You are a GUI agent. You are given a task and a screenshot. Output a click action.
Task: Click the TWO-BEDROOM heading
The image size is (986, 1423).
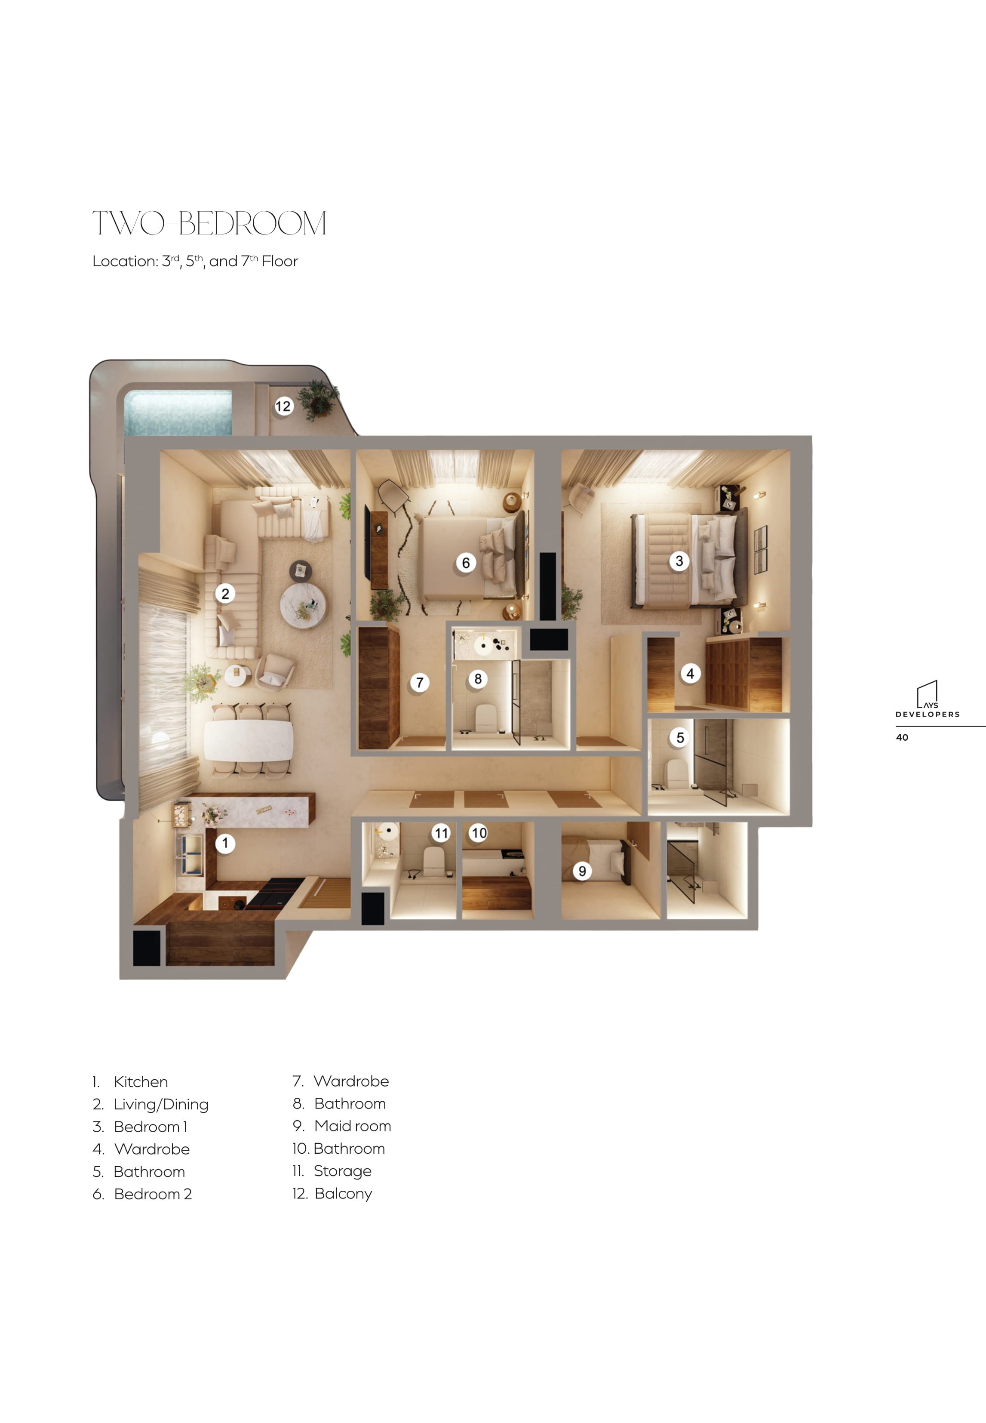pyautogui.click(x=209, y=223)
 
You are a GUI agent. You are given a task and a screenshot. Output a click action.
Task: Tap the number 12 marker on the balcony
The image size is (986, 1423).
pyautogui.click(x=283, y=406)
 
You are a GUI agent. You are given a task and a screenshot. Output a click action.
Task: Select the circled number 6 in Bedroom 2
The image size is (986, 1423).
pyautogui.click(x=466, y=563)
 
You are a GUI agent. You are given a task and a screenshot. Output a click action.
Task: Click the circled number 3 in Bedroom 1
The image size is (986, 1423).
pyautogui.click(x=679, y=561)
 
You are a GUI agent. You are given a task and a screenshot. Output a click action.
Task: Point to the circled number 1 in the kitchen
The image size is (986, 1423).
pyautogui.click(x=225, y=843)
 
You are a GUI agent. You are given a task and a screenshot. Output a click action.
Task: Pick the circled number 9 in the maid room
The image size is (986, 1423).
pyautogui.click(x=582, y=871)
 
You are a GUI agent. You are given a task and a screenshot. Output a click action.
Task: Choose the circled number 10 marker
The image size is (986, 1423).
pyautogui.click(x=479, y=833)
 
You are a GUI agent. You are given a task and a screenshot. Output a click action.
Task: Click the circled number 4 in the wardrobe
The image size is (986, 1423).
pyautogui.click(x=690, y=674)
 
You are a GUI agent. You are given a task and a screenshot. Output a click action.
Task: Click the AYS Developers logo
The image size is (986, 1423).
pyautogui.click(x=928, y=699)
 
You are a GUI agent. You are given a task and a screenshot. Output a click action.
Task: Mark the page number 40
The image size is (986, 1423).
pyautogui.click(x=902, y=737)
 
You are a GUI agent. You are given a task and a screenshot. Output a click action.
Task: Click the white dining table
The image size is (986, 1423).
pyautogui.click(x=249, y=741)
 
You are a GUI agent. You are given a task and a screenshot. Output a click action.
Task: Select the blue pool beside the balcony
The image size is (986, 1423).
pyautogui.click(x=178, y=412)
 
